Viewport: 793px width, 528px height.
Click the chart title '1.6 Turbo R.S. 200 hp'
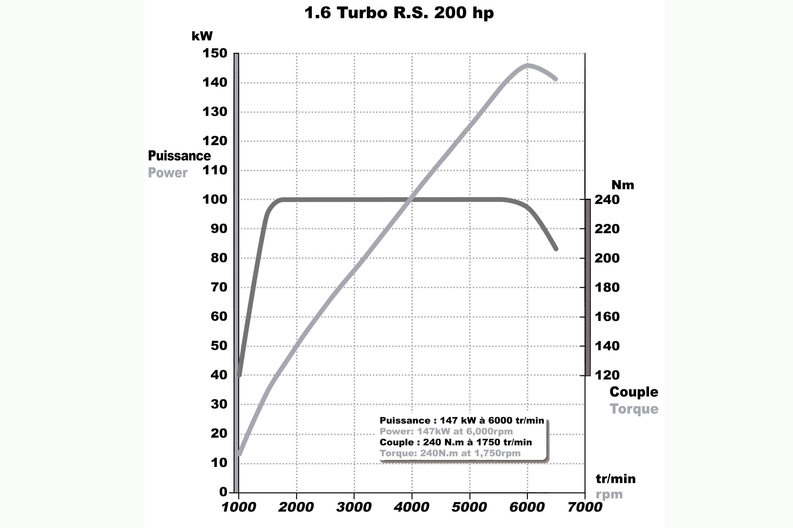pyautogui.click(x=399, y=13)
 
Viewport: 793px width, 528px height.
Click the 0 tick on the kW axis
pyautogui.click(x=223, y=492)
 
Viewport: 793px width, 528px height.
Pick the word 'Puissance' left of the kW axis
pyautogui.click(x=179, y=156)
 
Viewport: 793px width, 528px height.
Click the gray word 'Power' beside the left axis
pyautogui.click(x=167, y=173)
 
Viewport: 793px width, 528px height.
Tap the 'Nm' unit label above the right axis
pyautogui.click(x=622, y=185)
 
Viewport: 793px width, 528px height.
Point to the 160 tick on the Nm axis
pyautogui.click(x=607, y=316)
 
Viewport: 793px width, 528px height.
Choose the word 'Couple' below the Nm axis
pyautogui.click(x=634, y=392)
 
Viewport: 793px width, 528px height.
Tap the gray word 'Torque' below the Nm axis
pyautogui.click(x=634, y=409)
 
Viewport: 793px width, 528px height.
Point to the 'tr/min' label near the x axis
pyautogui.click(x=615, y=479)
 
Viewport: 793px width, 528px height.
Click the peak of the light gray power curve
pyautogui.click(x=528, y=65)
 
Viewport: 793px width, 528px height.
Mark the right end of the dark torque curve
pyautogui.click(x=556, y=249)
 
